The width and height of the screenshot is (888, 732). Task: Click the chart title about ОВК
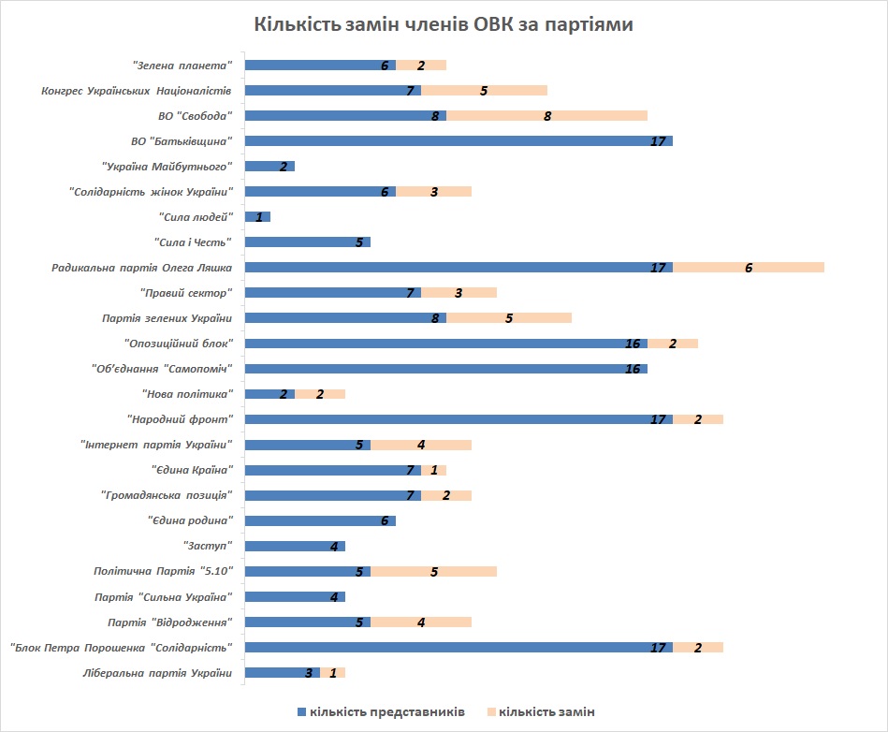444,25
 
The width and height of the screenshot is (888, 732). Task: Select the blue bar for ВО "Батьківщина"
459,141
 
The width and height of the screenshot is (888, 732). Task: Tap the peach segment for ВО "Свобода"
546,116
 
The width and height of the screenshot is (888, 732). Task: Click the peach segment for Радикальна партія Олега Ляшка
749,268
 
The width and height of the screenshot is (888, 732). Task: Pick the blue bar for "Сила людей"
257,217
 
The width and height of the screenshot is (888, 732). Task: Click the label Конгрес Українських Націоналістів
137,91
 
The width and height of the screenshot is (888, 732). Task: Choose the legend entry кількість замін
546,712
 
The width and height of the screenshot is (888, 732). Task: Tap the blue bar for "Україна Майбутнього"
269,167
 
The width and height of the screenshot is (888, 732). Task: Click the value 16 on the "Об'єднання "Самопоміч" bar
633,369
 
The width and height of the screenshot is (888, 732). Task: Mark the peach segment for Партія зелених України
508,318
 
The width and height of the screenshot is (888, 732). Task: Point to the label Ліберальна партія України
156,672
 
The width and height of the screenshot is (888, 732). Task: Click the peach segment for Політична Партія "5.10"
433,571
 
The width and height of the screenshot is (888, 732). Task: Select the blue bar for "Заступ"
295,546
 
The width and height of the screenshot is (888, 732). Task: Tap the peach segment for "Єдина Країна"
433,470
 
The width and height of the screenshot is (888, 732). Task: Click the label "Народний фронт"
180,419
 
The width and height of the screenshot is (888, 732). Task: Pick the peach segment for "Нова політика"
320,394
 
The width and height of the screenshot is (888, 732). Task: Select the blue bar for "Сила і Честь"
307,242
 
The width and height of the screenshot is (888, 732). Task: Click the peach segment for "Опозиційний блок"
673,344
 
